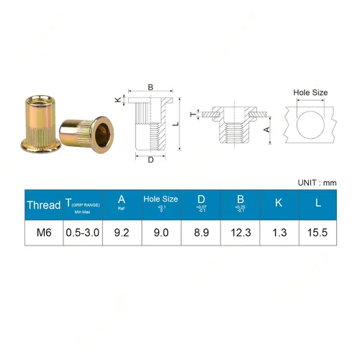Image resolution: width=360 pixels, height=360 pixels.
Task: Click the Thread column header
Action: pos(43,204)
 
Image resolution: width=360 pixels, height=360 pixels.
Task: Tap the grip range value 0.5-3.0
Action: pos(81,233)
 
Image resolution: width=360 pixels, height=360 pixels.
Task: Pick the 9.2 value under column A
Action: pos(121,233)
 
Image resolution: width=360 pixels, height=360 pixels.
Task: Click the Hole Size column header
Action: pos(160,198)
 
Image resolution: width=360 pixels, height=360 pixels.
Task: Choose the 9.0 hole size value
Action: pos(160,233)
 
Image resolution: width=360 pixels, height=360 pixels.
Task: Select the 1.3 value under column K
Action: pos(279,233)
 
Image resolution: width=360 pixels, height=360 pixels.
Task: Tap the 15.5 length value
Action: pos(318,233)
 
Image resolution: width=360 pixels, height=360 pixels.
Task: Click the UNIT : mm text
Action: pos(317,183)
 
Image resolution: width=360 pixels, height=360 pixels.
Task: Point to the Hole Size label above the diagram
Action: pos(310,93)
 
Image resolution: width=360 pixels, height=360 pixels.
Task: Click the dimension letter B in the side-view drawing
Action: pos(150,88)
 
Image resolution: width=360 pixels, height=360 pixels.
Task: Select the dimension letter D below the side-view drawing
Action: pos(150,160)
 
